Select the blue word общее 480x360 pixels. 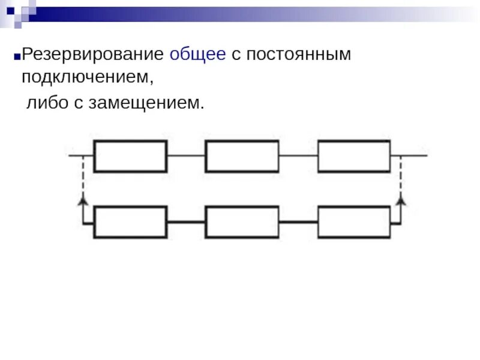point(198,55)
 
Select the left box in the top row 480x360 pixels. point(130,156)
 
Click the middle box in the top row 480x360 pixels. point(242,156)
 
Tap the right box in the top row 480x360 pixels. point(354,156)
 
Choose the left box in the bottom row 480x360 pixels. point(130,222)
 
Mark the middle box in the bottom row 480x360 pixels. point(242,222)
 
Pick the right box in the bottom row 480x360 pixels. point(354,222)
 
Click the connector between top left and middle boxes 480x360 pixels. point(186,156)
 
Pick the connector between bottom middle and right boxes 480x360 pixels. point(298,222)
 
